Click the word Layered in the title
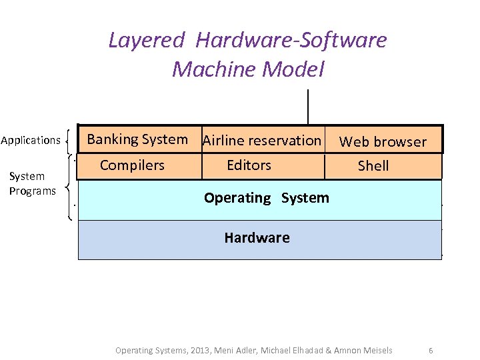(x=145, y=41)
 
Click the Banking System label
(x=137, y=139)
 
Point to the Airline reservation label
(x=261, y=141)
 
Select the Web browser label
(x=383, y=141)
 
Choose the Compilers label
(x=132, y=165)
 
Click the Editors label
(x=249, y=165)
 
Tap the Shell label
(x=373, y=166)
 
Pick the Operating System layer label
(x=266, y=198)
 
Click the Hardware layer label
(x=257, y=238)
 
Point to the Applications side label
(x=31, y=140)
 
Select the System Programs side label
(x=32, y=183)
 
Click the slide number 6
(x=431, y=350)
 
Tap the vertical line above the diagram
(x=308, y=107)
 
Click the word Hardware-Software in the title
(x=291, y=41)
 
